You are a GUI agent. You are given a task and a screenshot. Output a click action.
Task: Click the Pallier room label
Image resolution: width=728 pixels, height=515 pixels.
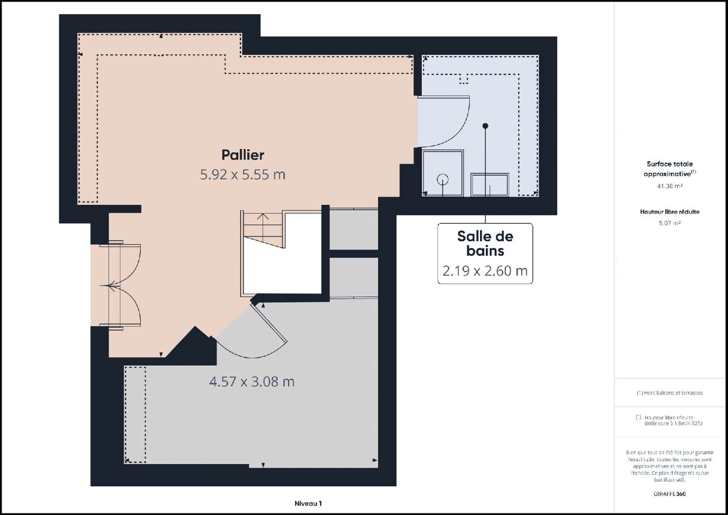pyautogui.click(x=243, y=155)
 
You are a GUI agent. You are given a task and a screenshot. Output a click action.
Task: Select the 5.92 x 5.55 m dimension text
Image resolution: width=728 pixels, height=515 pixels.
pyautogui.click(x=243, y=174)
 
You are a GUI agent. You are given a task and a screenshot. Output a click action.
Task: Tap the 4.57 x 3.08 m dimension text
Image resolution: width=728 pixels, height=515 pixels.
pyautogui.click(x=251, y=382)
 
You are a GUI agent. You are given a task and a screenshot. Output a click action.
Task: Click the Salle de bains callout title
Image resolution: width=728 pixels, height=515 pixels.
pyautogui.click(x=485, y=244)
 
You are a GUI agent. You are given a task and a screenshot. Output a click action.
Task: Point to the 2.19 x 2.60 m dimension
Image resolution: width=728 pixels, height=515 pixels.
pyautogui.click(x=485, y=271)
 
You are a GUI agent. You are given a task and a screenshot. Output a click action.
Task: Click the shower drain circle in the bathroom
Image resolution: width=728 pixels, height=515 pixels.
pyautogui.click(x=443, y=179)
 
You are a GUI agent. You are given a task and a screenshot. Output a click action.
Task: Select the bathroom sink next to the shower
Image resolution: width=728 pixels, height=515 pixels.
pyautogui.click(x=490, y=185)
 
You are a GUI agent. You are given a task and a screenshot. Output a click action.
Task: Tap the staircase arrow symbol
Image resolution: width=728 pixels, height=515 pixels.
pyautogui.click(x=263, y=223)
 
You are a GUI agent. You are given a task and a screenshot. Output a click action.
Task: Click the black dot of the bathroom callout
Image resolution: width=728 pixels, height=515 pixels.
pyautogui.click(x=485, y=126)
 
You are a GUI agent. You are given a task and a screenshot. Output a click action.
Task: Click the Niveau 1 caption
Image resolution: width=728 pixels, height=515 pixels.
pyautogui.click(x=308, y=503)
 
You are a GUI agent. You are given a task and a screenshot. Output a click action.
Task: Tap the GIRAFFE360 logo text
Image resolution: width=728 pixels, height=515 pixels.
pyautogui.click(x=669, y=494)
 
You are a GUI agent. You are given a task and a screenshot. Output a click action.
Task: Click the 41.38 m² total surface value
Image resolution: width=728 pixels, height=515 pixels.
pyautogui.click(x=669, y=186)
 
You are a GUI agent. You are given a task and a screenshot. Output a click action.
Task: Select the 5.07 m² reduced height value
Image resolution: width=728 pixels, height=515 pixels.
pyautogui.click(x=669, y=223)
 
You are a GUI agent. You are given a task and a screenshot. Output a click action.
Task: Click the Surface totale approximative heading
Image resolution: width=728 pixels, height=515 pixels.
pyautogui.click(x=669, y=169)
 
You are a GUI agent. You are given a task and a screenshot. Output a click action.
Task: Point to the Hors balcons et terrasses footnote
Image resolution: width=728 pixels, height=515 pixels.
pyautogui.click(x=669, y=393)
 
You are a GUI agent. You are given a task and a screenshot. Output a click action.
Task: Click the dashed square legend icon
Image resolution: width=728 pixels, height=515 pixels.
pyautogui.click(x=638, y=417)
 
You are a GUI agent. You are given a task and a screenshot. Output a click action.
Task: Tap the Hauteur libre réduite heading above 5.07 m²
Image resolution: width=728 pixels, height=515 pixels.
pyautogui.click(x=669, y=212)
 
